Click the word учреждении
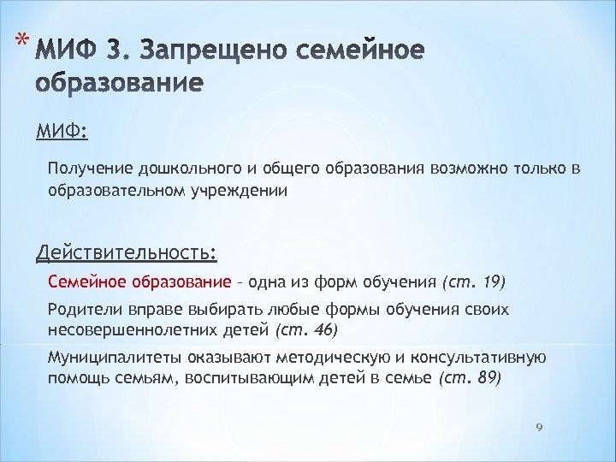tap(240, 191)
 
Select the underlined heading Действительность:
tap(126, 253)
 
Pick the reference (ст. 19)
tap(473, 281)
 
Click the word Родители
tap(82, 310)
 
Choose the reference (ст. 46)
tap(306, 329)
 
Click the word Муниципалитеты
tap(107, 358)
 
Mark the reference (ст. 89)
tap(469, 377)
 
